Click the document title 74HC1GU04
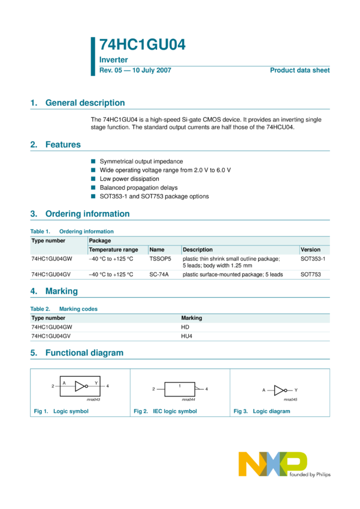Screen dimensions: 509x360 [142, 46]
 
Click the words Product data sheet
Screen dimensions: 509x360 [300, 70]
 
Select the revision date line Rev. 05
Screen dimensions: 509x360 [135, 70]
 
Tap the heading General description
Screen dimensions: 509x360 [85, 103]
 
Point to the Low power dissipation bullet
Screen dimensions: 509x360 [129, 178]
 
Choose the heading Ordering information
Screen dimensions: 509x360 [87, 214]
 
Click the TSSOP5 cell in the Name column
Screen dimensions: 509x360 [160, 259]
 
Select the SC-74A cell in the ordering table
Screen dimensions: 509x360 [159, 274]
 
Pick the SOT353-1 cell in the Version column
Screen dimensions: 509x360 [313, 259]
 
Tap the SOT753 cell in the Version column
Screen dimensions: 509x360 [310, 274]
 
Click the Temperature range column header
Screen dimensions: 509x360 [113, 250]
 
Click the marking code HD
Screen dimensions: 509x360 [185, 328]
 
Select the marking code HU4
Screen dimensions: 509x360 [186, 337]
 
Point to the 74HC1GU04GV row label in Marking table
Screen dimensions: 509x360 [52, 337]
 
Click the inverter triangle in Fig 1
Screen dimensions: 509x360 [81, 386]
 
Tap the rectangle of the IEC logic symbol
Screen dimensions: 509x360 [180, 389]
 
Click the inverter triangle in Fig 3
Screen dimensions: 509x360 [280, 390]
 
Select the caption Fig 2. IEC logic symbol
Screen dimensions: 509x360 [165, 411]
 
